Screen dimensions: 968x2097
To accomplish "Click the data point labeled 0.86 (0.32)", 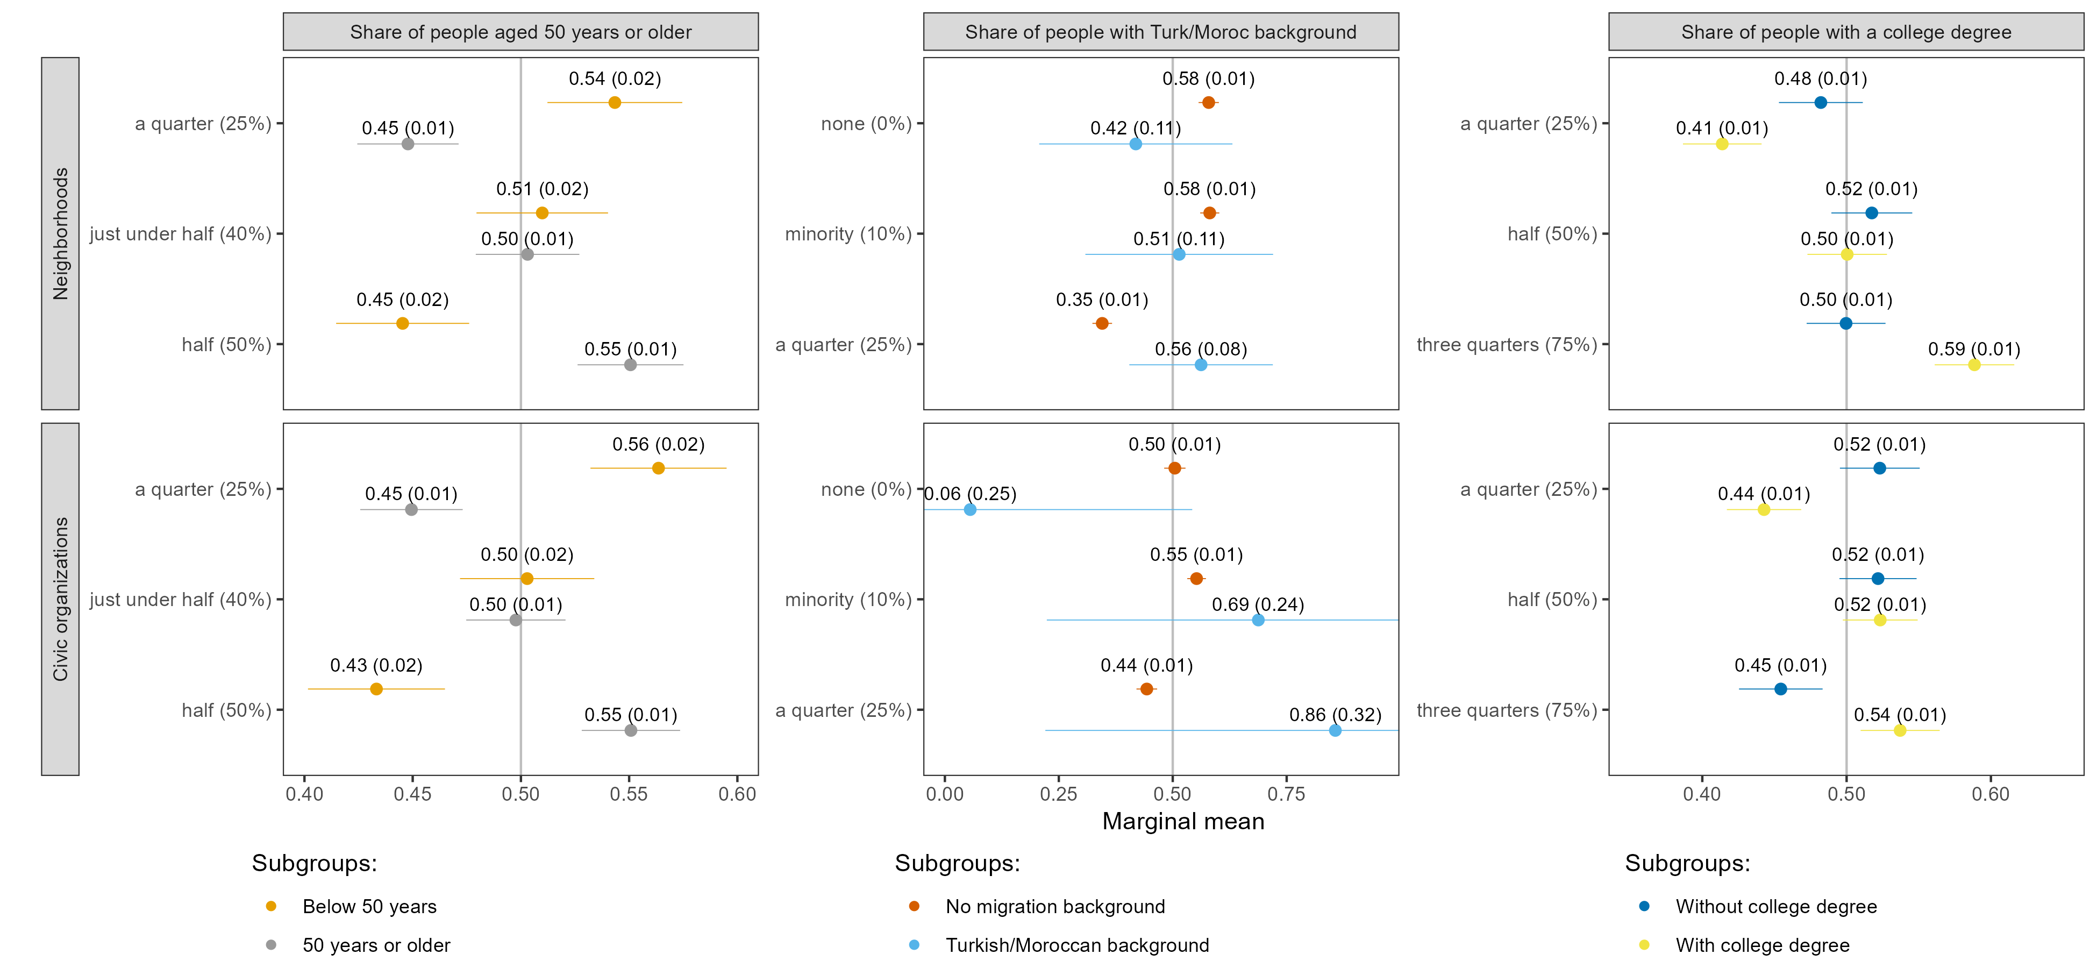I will [x=1335, y=730].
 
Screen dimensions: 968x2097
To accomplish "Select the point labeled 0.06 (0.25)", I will [x=969, y=510].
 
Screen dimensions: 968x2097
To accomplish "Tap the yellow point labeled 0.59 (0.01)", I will [x=1974, y=365].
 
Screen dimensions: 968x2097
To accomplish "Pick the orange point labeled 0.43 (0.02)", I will [x=376, y=689].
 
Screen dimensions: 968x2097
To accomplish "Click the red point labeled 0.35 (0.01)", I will [x=1102, y=323].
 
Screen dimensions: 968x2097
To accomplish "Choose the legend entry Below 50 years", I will [x=369, y=906].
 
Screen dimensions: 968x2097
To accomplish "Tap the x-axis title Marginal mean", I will [x=1183, y=822].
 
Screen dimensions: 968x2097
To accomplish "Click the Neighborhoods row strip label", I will [x=60, y=233].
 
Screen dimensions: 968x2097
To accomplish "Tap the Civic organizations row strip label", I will [x=60, y=599].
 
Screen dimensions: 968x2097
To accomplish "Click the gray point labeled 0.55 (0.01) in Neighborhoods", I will [x=630, y=365].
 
